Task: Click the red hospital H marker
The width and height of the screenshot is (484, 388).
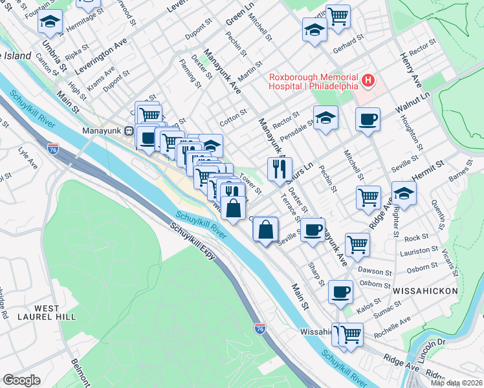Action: coord(368,81)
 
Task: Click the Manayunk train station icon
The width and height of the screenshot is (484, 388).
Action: coord(129,129)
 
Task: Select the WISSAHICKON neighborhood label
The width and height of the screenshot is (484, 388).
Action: coord(425,291)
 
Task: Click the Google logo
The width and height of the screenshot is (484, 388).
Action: coord(21,380)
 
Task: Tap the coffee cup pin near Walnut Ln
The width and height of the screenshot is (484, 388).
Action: coord(368,119)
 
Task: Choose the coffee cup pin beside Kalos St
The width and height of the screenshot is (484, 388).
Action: coord(340,292)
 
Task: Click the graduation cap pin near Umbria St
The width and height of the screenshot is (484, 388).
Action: coord(50,21)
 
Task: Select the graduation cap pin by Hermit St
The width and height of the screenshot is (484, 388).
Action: coord(403,193)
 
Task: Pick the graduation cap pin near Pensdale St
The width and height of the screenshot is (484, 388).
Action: coord(326,118)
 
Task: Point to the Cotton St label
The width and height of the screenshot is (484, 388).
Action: coord(234,116)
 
